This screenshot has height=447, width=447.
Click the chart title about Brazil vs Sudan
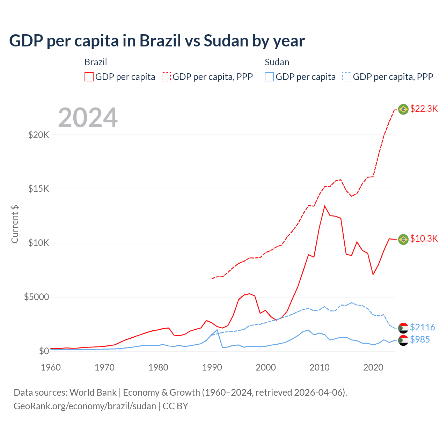157,41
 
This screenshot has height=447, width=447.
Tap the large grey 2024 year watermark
88,118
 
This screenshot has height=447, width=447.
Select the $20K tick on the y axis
39,135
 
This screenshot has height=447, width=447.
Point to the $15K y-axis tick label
39,189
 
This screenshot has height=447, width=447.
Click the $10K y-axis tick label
39,243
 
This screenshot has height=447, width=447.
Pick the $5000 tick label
37,297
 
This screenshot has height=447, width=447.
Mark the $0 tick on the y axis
44,351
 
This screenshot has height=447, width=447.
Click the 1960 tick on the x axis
51,367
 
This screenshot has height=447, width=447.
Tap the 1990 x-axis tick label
212,367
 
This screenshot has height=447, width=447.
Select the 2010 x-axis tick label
320,367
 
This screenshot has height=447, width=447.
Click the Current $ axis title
15,224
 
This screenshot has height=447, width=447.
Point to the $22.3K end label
424,109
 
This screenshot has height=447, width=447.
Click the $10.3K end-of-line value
424,239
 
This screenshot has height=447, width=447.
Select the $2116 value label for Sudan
422,327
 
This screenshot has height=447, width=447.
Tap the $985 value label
420,339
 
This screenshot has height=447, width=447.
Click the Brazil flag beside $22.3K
403,109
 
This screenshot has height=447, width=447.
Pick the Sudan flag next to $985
403,340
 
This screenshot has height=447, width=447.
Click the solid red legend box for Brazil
89,77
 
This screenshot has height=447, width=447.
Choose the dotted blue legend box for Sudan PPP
347,77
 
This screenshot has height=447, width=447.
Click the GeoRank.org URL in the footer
85,406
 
